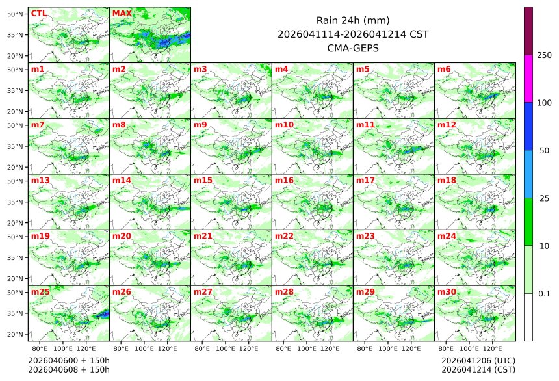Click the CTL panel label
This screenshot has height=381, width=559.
coord(38,13)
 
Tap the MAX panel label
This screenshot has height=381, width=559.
coord(122,13)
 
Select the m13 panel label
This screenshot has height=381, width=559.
coord(40,180)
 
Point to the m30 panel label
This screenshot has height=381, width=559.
coord(447,291)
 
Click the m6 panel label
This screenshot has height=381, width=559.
coord(445,69)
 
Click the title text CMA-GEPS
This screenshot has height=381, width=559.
coord(353,47)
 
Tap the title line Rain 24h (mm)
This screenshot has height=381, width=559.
coord(353,20)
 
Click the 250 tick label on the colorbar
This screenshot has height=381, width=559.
coord(545,55)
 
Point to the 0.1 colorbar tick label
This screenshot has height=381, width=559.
coord(544,293)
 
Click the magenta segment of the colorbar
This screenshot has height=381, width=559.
coord(528,78)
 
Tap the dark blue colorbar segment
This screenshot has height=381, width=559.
coord(528,126)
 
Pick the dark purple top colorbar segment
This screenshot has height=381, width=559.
coord(528,31)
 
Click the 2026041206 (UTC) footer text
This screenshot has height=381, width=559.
coord(478,360)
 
